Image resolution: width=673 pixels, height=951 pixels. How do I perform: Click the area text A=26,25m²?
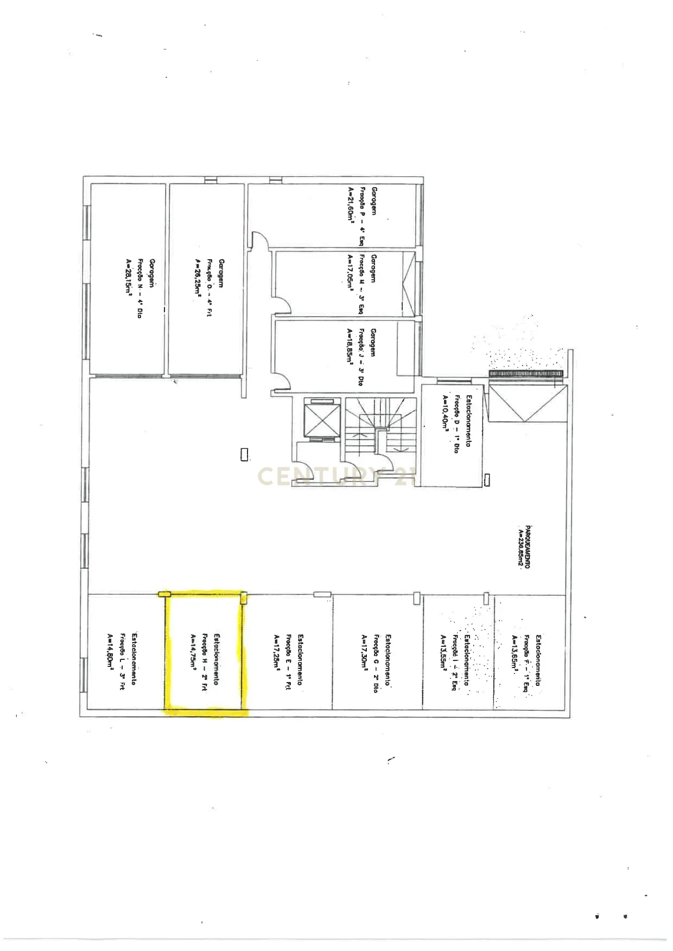197,277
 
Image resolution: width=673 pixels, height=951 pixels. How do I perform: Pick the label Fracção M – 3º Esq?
362,284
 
